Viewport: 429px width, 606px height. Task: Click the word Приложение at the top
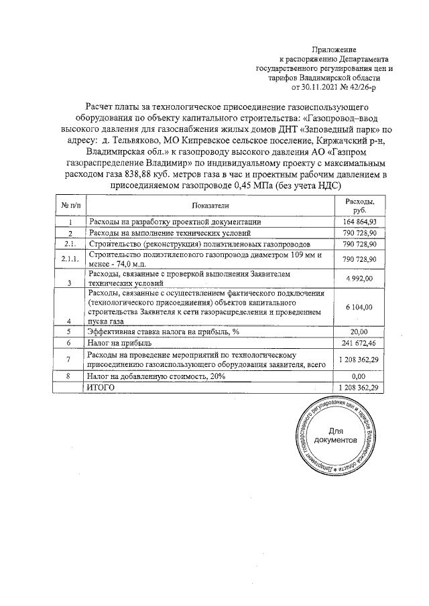[x=334, y=51]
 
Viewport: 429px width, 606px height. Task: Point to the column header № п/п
[x=70, y=206]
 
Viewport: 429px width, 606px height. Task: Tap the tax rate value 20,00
[x=360, y=331]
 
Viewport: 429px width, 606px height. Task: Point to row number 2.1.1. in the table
[x=70, y=259]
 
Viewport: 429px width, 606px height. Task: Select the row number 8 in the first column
[x=70, y=378]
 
